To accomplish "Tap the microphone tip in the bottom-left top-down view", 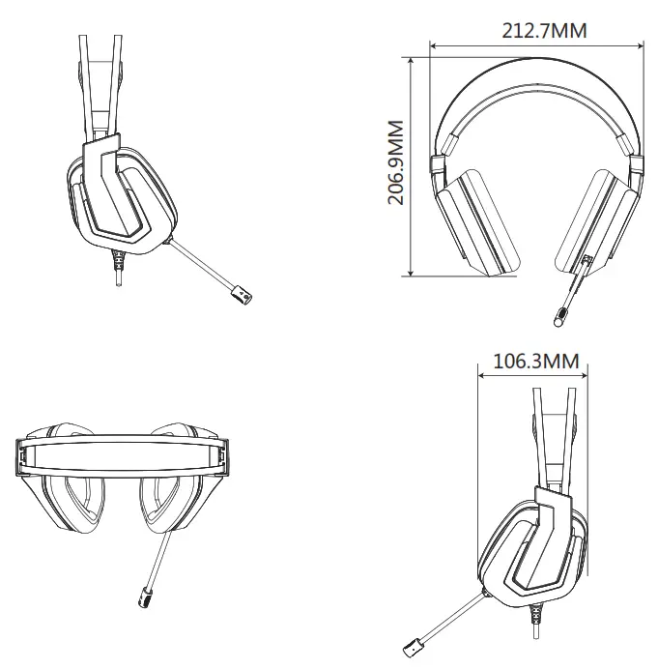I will (x=150, y=597).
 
